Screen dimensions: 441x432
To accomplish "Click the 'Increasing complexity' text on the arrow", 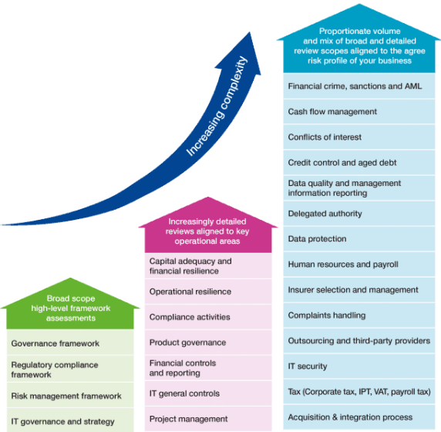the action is click(217, 106).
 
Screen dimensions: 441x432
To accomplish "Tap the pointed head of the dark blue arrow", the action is click(250, 32).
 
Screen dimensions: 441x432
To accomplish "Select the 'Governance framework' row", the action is click(70, 343).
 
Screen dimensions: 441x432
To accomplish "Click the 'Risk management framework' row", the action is click(70, 396).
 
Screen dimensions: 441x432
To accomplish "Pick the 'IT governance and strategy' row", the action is click(70, 420).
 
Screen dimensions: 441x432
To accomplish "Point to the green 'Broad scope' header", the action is click(70, 304).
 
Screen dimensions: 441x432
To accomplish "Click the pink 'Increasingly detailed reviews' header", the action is click(208, 225).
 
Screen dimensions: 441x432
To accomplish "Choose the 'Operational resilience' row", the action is click(208, 292).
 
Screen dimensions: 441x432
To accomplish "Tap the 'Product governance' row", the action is click(208, 343).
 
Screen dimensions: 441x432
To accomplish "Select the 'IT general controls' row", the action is click(208, 393).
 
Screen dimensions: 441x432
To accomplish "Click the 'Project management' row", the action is click(208, 419).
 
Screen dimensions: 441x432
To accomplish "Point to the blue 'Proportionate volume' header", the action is click(359, 39).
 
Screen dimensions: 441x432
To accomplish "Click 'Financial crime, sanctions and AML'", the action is click(359, 86).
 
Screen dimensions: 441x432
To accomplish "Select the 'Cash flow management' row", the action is click(359, 111).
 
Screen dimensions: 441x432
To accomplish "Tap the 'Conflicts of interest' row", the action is click(359, 137).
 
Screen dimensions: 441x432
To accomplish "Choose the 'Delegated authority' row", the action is click(359, 214).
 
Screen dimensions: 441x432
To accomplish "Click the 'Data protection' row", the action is click(359, 238).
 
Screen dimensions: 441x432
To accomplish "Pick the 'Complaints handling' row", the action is click(359, 316).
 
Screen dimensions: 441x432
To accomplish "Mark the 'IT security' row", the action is click(359, 366).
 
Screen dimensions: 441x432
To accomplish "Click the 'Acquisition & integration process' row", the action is click(359, 417).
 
